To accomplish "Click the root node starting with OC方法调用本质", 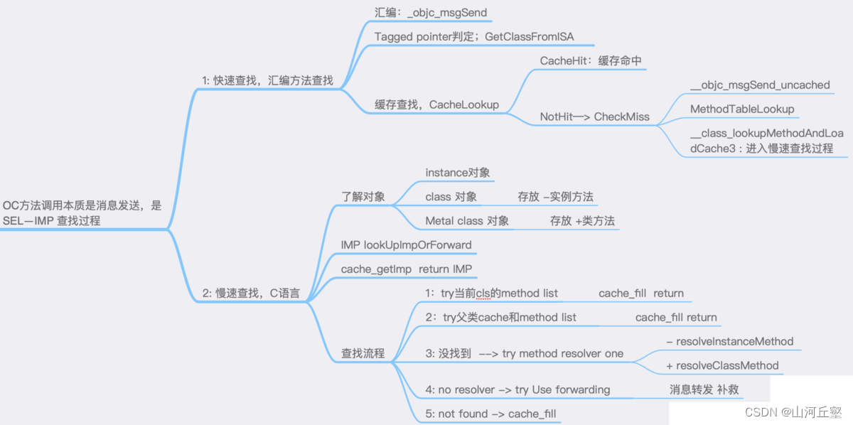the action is [x=82, y=212].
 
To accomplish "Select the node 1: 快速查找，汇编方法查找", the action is [x=268, y=80].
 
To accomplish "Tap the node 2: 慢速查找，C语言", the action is [x=251, y=293].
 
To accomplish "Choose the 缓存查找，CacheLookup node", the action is [x=437, y=104].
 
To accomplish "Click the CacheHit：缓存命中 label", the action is [x=591, y=61].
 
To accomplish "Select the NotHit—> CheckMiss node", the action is [x=595, y=117].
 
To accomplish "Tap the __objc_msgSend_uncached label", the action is [x=760, y=85].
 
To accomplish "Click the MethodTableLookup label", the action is [x=742, y=109].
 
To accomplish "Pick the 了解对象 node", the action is [x=363, y=197].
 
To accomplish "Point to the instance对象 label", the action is [x=458, y=173].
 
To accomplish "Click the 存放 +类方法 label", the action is [x=581, y=221].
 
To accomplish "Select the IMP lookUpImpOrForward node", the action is [x=406, y=245].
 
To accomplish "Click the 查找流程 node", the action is [x=363, y=353].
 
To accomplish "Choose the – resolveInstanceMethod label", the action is [x=730, y=341].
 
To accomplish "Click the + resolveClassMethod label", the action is [x=722, y=365].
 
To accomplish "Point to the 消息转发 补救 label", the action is [x=704, y=389].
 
